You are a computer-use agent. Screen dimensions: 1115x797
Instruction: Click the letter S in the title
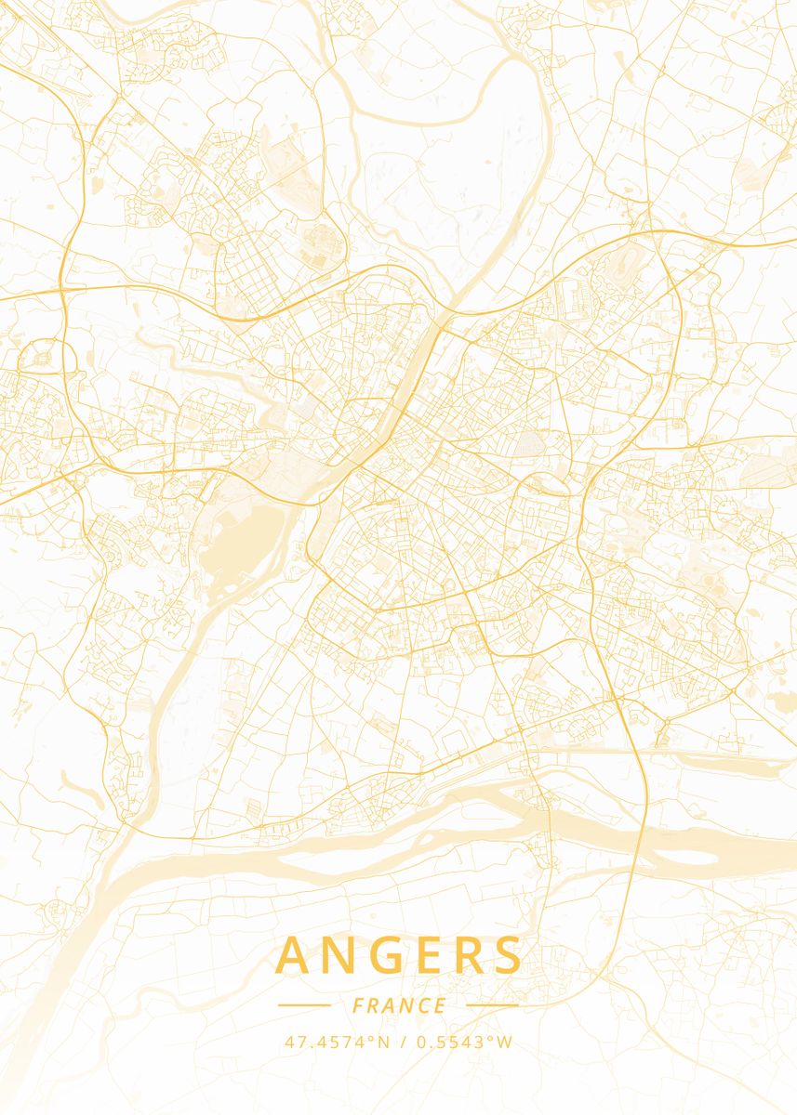(507, 956)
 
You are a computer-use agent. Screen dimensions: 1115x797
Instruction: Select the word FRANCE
(399, 1005)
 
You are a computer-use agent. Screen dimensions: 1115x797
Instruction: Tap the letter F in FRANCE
(358, 1005)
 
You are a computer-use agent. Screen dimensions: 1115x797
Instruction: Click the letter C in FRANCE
(423, 1005)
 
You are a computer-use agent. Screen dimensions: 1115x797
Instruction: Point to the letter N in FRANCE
(405, 1005)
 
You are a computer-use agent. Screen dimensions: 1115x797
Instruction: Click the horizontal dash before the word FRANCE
(304, 1005)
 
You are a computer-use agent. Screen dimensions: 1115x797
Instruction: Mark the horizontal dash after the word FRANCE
(492, 1005)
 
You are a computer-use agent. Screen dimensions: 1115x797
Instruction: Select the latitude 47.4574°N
(337, 1042)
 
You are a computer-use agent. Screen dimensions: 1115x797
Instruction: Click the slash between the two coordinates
(403, 1042)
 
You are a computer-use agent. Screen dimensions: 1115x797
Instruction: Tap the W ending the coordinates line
(505, 1042)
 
